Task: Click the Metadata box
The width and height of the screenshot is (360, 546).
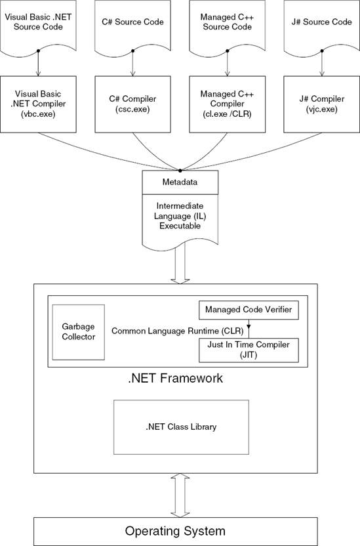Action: [180, 180]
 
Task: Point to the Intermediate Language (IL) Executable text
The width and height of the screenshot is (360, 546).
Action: [180, 215]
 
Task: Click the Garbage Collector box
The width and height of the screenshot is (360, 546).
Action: [79, 331]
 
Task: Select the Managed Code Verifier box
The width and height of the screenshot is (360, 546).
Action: [249, 309]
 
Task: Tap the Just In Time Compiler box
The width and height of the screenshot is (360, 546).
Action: [249, 350]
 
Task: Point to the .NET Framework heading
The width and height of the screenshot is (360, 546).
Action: [175, 379]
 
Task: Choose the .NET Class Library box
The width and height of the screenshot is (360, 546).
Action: [180, 427]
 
